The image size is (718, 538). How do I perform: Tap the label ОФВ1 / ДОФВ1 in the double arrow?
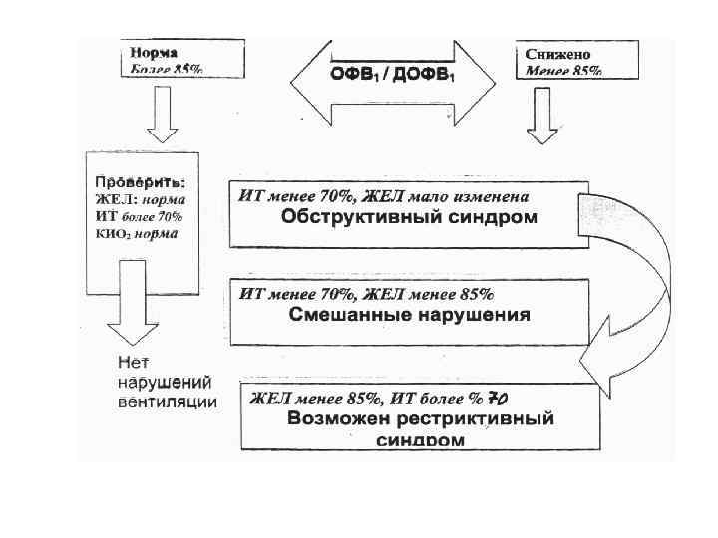click(x=392, y=75)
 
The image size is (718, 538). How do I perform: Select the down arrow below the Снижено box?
click(x=544, y=115)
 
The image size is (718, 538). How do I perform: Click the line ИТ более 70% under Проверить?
click(x=139, y=217)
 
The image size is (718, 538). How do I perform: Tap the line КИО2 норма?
click(x=137, y=234)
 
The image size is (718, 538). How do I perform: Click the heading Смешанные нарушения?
click(x=409, y=314)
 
